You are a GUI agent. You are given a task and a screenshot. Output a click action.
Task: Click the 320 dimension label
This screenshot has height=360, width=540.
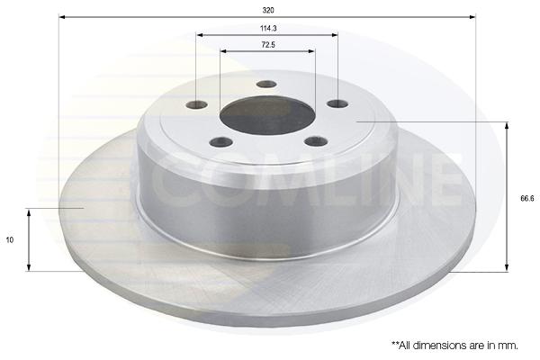(268, 10)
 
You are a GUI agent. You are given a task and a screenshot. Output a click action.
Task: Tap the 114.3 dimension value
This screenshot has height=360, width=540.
(268, 29)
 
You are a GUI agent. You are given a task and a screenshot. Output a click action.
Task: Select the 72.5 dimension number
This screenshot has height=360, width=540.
(268, 45)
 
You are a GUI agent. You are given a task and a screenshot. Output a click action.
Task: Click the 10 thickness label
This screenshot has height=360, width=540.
(10, 239)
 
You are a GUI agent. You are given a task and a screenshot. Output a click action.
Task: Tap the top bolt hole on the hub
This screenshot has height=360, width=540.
(267, 84)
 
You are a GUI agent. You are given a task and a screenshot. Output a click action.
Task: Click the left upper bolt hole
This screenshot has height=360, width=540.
(196, 104)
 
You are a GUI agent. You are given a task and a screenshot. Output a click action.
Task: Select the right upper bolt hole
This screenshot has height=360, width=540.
(337, 103)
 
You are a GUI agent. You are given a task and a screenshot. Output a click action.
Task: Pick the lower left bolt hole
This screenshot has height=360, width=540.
(221, 141)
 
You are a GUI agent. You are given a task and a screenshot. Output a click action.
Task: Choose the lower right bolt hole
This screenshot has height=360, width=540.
(316, 140)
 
